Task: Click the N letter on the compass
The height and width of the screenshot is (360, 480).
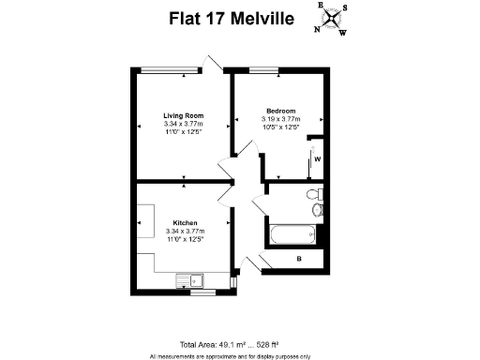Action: click(316, 28)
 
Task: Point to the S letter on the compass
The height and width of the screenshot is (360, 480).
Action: click(344, 9)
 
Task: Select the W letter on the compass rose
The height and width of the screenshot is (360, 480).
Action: click(342, 34)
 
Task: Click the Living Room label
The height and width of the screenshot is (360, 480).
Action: click(183, 115)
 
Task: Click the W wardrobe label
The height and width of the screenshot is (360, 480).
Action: click(318, 158)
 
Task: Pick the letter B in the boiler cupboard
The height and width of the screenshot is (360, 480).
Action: click(298, 258)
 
